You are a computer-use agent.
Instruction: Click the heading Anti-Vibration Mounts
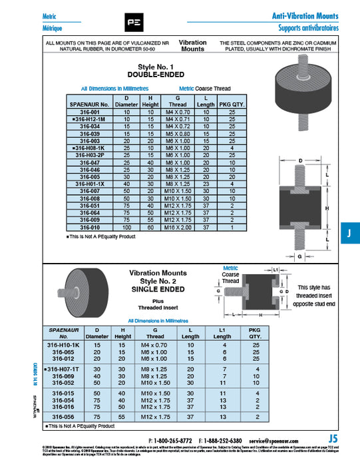coord(305,16)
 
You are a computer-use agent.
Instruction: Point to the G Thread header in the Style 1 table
coord(178,101)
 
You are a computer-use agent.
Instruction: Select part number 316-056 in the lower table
coord(64,416)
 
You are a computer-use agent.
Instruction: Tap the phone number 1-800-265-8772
coord(174,441)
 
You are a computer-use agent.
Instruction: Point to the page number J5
coord(333,439)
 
